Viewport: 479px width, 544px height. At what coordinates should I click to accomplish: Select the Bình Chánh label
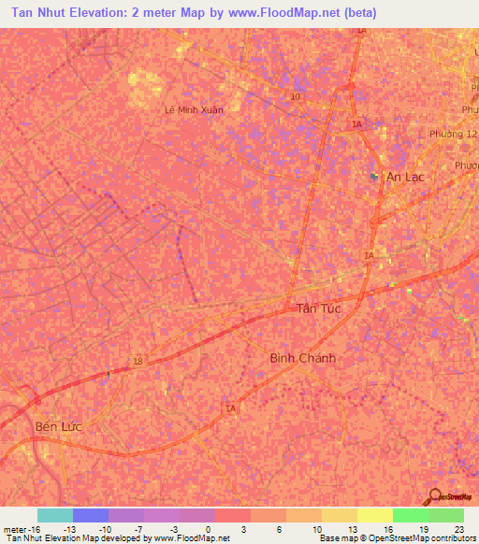point(302,358)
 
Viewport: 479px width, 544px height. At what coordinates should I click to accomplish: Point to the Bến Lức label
point(58,426)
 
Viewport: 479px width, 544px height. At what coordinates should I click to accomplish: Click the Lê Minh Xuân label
point(194,108)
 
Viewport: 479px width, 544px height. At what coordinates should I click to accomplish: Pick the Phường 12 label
point(453,134)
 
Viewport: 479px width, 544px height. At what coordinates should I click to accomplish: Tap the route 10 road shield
point(296,96)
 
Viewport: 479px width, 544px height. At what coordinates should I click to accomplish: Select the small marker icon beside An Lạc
point(374,176)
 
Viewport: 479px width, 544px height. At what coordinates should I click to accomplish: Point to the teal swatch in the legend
point(54,515)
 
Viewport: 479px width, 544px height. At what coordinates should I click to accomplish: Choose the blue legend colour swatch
point(90,515)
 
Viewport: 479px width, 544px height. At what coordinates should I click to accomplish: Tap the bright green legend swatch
point(410,515)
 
